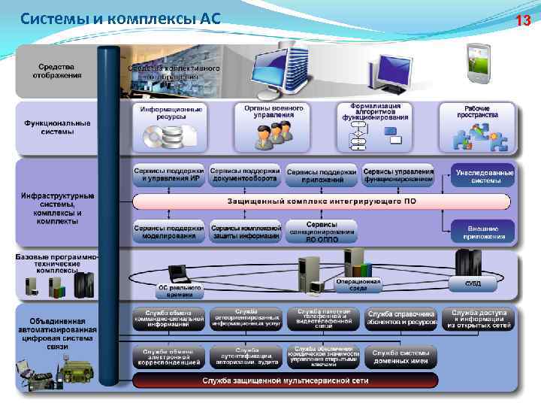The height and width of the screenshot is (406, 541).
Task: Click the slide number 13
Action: click(523, 20)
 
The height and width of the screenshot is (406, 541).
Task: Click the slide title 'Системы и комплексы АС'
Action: click(120, 18)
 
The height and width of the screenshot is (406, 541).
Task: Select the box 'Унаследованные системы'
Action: click(485, 176)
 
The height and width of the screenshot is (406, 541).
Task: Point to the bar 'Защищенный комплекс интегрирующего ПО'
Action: click(322, 201)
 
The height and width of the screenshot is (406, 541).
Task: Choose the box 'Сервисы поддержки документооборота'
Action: click(245, 174)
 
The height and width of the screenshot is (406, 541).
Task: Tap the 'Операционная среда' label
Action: click(358, 284)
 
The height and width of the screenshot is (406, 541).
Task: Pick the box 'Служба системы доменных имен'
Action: click(400, 356)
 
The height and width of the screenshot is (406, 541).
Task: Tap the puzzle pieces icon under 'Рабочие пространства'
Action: click(478, 138)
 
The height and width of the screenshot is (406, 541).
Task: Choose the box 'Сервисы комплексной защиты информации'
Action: click(245, 232)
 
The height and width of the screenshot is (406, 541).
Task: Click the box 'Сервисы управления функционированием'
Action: click(398, 174)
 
